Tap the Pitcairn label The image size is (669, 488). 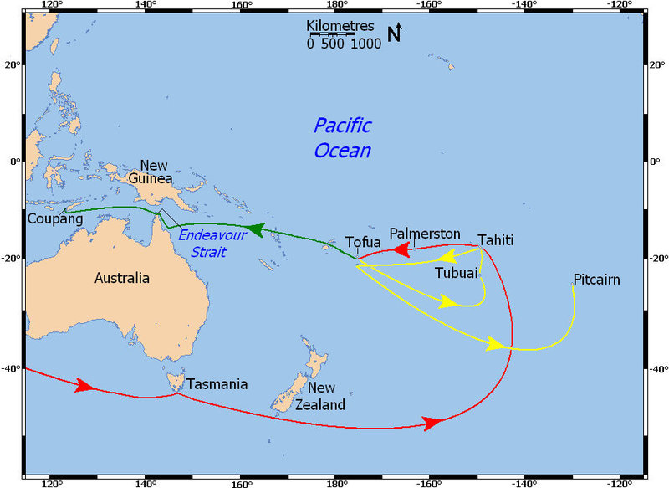coord(596,279)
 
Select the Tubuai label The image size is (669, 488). coord(456,273)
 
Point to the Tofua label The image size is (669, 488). coord(364,242)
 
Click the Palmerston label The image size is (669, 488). coord(425,233)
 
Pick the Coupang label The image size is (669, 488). coord(56,219)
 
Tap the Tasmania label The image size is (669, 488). coord(217,384)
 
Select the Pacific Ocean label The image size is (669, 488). coord(342,138)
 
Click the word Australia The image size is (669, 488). coord(122,278)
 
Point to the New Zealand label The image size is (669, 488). coord(320,397)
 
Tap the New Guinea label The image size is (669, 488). coord(156,172)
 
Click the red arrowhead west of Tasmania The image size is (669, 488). coord(84,385)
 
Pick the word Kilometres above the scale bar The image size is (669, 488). coord(341,26)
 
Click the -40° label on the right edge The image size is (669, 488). coord(659,369)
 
